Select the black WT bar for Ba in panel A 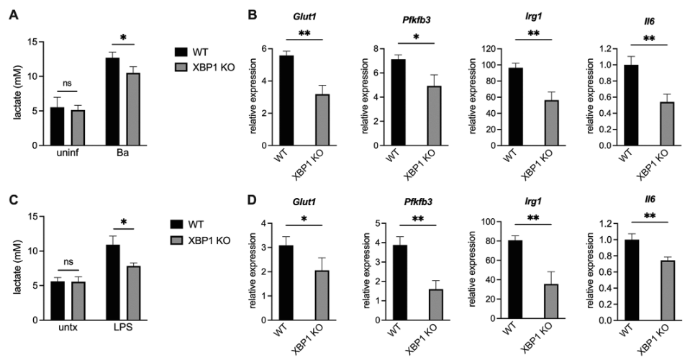pyautogui.click(x=112, y=102)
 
